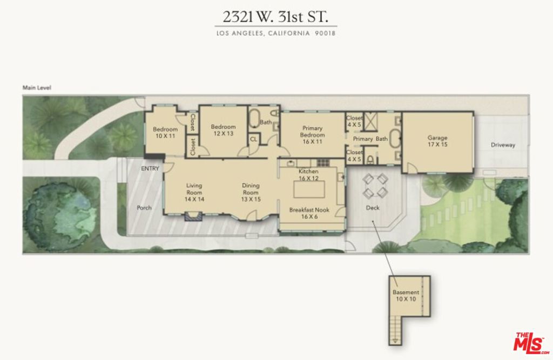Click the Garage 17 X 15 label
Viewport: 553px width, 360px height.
pyautogui.click(x=437, y=141)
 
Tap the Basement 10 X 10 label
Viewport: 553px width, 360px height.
pyautogui.click(x=406, y=295)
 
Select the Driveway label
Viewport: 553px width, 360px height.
pyautogui.click(x=503, y=145)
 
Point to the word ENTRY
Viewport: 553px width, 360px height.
pyautogui.click(x=150, y=169)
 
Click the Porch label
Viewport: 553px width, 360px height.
pyautogui.click(x=144, y=207)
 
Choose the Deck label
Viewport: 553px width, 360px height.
pyautogui.click(x=373, y=207)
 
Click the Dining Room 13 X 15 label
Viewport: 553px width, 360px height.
pyautogui.click(x=251, y=192)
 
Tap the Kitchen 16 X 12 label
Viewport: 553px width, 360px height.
pyautogui.click(x=308, y=174)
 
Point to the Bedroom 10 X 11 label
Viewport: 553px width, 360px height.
pyautogui.click(x=165, y=132)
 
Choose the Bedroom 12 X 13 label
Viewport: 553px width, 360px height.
pyautogui.click(x=223, y=130)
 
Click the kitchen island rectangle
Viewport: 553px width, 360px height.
pyautogui.click(x=308, y=190)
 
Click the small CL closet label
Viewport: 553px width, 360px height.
pyautogui.click(x=253, y=139)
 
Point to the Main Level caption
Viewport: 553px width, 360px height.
pyautogui.click(x=37, y=87)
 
